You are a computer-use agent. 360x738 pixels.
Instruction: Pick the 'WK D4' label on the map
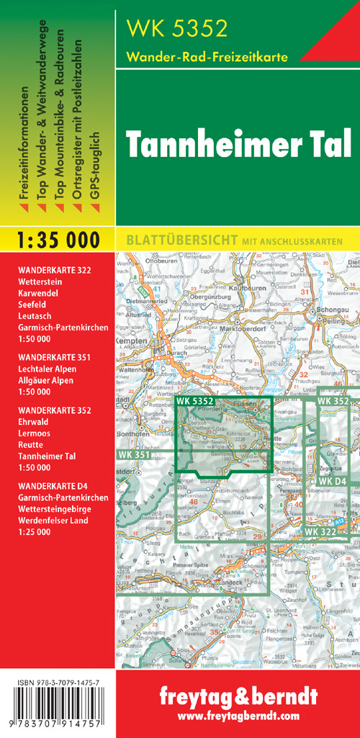(332, 481)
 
